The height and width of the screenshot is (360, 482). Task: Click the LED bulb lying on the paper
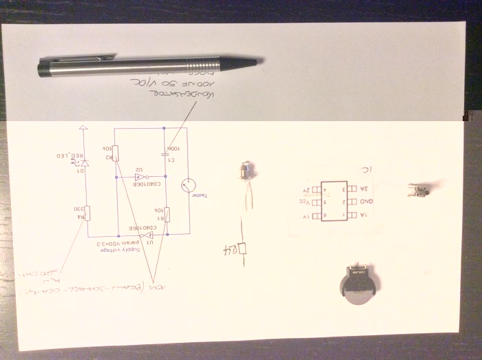coord(247,170)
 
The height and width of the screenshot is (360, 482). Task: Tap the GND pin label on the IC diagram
coord(366,201)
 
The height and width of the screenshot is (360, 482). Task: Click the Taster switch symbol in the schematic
coord(188,185)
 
